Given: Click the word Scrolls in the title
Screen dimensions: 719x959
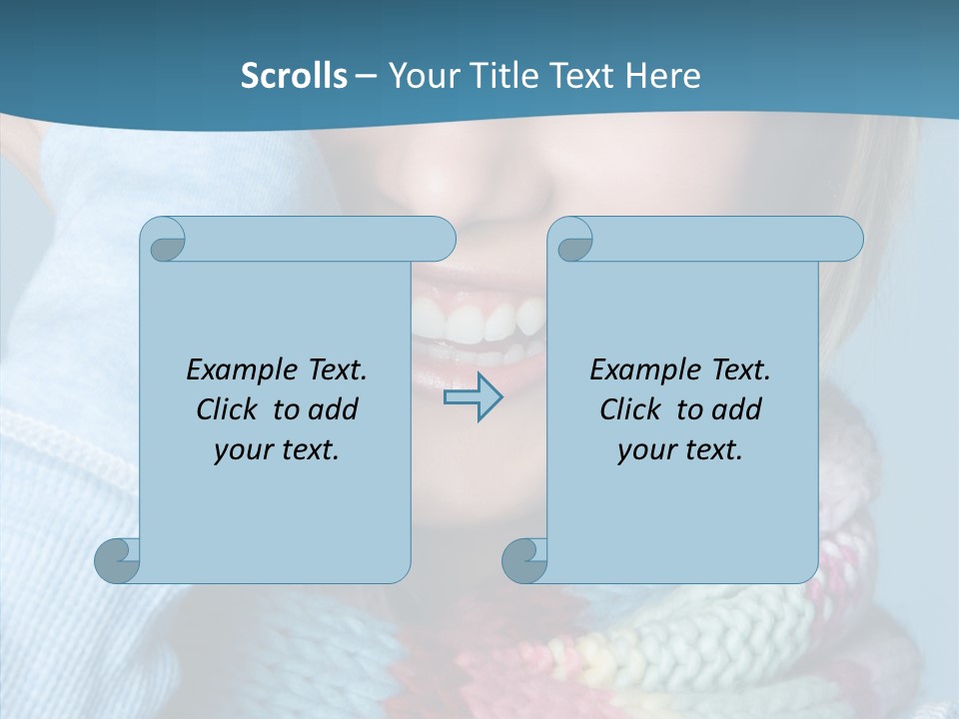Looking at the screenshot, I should [294, 76].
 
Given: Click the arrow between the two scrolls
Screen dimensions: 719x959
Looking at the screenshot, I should [473, 397].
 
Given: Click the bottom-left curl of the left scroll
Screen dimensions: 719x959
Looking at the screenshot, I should [118, 559].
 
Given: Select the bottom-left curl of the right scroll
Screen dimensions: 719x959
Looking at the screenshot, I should [524, 559].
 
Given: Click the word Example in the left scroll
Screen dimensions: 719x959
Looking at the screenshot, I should [237, 370].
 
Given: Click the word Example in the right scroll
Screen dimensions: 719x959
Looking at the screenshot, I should [640, 370].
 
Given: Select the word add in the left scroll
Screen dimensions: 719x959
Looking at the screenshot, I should [334, 409].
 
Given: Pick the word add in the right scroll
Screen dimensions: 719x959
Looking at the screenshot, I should [737, 409].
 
